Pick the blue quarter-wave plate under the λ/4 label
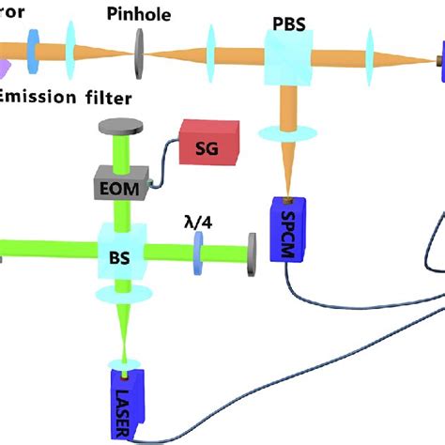click(198, 253)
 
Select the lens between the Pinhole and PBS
click(209, 55)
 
